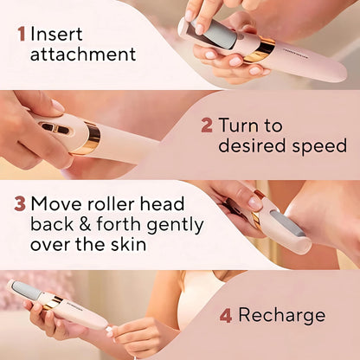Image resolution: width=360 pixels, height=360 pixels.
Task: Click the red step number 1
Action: pyautogui.click(x=22, y=35)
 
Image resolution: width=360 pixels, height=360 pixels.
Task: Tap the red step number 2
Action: pyautogui.click(x=206, y=125)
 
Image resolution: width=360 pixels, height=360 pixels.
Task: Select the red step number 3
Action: pyautogui.click(x=19, y=204)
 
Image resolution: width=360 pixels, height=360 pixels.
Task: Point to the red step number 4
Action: pyautogui.click(x=225, y=315)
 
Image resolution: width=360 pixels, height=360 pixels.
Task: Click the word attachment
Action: pyautogui.click(x=83, y=55)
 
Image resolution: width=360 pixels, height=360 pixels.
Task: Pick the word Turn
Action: pyautogui.click(x=239, y=125)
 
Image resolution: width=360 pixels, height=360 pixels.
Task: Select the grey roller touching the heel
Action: pyautogui.click(x=286, y=220)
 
